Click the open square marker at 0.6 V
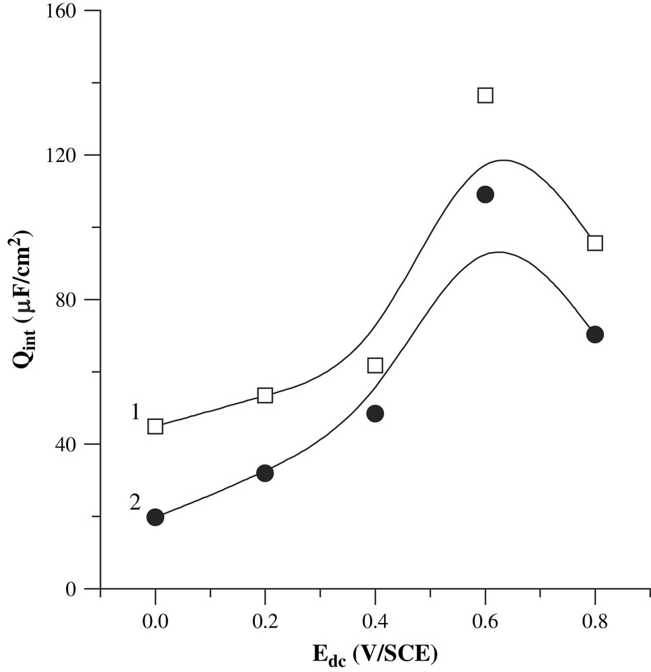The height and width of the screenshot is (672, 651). pyautogui.click(x=485, y=95)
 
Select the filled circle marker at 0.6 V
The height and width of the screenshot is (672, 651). pyautogui.click(x=485, y=195)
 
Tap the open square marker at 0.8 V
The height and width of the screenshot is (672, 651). pyautogui.click(x=595, y=243)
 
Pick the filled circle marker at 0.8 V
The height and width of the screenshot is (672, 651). pyautogui.click(x=595, y=335)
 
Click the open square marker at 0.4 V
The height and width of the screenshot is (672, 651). pyautogui.click(x=375, y=366)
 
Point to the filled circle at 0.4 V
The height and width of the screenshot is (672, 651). pyautogui.click(x=375, y=413)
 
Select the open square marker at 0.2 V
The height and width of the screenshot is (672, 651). pyautogui.click(x=265, y=395)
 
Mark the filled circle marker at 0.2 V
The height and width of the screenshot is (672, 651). pyautogui.click(x=265, y=473)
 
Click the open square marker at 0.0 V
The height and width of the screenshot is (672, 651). pyautogui.click(x=155, y=426)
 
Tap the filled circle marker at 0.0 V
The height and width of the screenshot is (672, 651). pyautogui.click(x=155, y=517)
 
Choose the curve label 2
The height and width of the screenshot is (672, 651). pyautogui.click(x=135, y=502)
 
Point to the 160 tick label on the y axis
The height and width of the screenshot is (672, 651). pyautogui.click(x=72, y=11)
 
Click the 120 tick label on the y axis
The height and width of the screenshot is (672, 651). pyautogui.click(x=72, y=155)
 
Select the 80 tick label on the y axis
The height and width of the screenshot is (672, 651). pyautogui.click(x=77, y=300)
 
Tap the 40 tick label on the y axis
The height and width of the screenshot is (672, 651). pyautogui.click(x=77, y=444)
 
